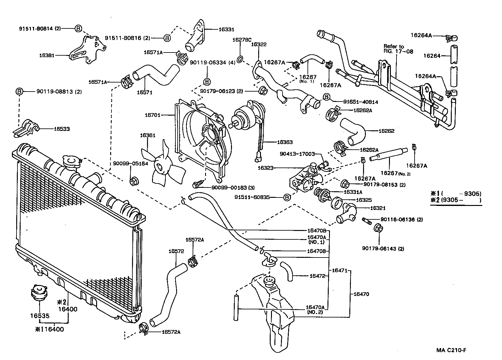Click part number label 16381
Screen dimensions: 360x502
(47, 55)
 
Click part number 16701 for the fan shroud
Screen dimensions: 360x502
(152, 115)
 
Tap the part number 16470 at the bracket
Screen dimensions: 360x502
(361, 294)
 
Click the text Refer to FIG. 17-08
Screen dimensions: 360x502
(398, 49)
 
